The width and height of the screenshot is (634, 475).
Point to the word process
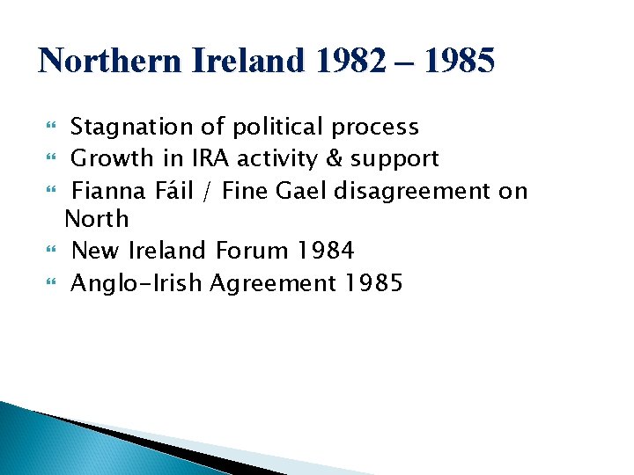375,128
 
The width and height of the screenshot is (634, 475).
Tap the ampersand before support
335,159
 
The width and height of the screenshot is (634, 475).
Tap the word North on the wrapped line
97,219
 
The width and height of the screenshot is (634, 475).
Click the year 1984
325,251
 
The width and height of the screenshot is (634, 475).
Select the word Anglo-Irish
140,283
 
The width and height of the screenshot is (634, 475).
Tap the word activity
256,159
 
